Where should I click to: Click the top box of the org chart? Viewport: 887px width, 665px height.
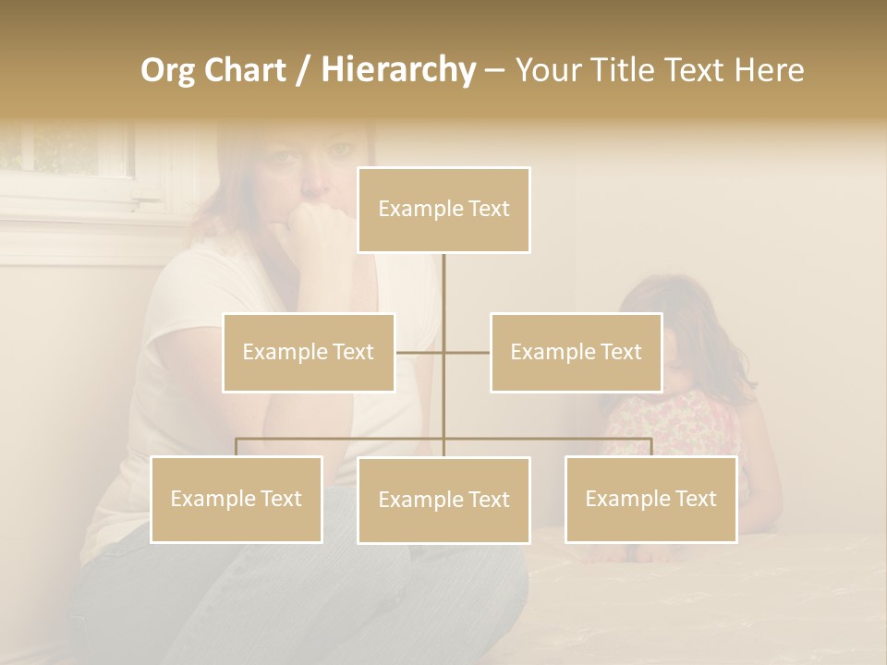click(443, 210)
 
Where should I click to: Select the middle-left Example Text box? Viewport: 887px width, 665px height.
click(309, 352)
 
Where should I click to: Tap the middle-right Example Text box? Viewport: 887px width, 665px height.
click(576, 352)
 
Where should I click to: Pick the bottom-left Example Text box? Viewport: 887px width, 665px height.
click(236, 499)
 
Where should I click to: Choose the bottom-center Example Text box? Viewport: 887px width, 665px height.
click(443, 500)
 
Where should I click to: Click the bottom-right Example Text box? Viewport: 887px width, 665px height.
click(650, 499)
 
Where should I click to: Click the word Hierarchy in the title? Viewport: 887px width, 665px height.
click(397, 70)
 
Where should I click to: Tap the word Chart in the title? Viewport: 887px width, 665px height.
click(247, 70)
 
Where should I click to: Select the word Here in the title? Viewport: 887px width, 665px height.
click(769, 70)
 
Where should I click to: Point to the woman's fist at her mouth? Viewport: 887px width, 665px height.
click(314, 226)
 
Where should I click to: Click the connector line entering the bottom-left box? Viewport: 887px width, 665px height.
click(236, 447)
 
